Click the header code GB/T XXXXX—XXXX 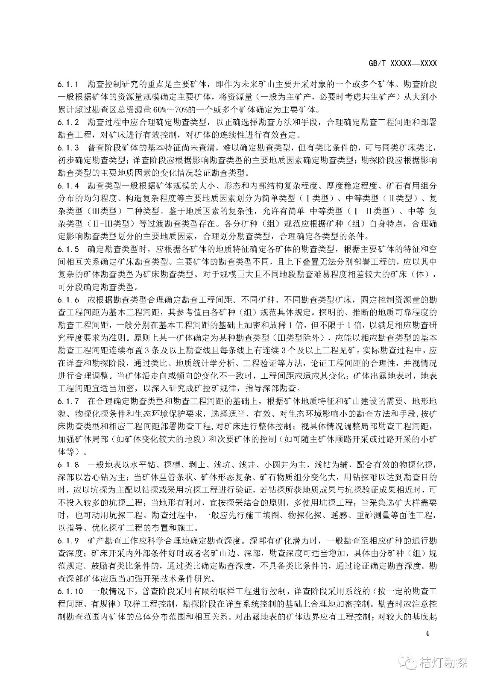click(x=402, y=63)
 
